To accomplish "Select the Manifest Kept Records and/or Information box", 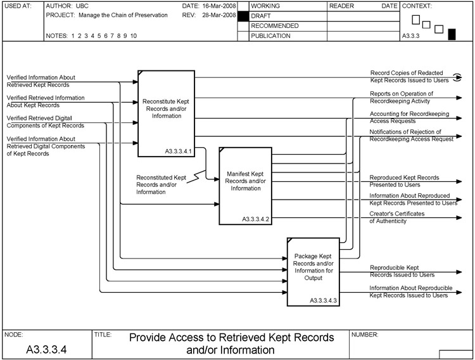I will point(246,184).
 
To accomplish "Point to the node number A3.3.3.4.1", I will point(178,151).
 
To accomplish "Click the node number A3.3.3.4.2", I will point(256,219).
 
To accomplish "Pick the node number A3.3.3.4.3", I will point(324,300).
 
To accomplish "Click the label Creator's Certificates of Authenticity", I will point(397,217).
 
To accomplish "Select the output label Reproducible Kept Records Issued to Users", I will point(402,271).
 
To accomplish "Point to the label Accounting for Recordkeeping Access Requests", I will point(410,117).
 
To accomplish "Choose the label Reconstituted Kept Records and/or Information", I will point(161,184).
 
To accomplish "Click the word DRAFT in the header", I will point(262,16).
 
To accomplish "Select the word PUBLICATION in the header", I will point(270,36).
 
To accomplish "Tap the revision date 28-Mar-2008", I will point(219,15).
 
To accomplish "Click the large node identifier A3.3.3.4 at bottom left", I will point(47,349).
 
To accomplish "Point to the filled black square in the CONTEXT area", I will point(452,34).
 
